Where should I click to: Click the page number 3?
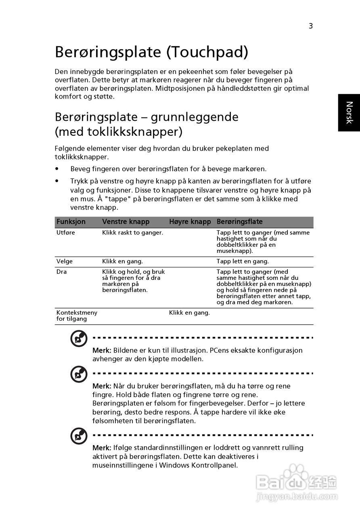(311, 26)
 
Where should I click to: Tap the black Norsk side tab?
(349, 113)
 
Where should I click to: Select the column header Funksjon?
(71, 222)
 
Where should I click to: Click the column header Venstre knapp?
(126, 222)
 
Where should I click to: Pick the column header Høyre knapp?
(190, 222)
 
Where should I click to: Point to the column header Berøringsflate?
(240, 222)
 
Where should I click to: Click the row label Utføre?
(66, 233)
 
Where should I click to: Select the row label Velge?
(65, 261)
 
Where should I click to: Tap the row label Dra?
(62, 272)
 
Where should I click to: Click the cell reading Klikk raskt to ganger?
(132, 233)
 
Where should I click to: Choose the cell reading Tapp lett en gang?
(243, 261)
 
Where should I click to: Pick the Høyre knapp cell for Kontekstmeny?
(189, 313)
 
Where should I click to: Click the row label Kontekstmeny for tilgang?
(77, 315)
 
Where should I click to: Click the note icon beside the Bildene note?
(79, 339)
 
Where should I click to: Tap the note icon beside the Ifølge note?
(79, 436)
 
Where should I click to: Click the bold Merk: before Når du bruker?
(102, 386)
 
